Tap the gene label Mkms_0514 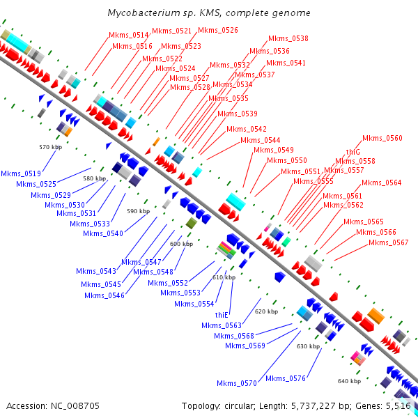(129, 35)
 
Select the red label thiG (353, 151)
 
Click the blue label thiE (222, 315)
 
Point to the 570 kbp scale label (51, 147)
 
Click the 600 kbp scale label (181, 244)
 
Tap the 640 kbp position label (350, 381)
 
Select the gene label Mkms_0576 (286, 378)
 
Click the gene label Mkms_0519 (21, 173)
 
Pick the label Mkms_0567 (389, 242)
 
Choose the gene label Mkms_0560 (382, 138)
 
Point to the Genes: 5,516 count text (387, 405)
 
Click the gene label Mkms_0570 (237, 383)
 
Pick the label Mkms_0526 (218, 30)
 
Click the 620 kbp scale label (266, 311)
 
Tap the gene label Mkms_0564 (382, 183)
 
